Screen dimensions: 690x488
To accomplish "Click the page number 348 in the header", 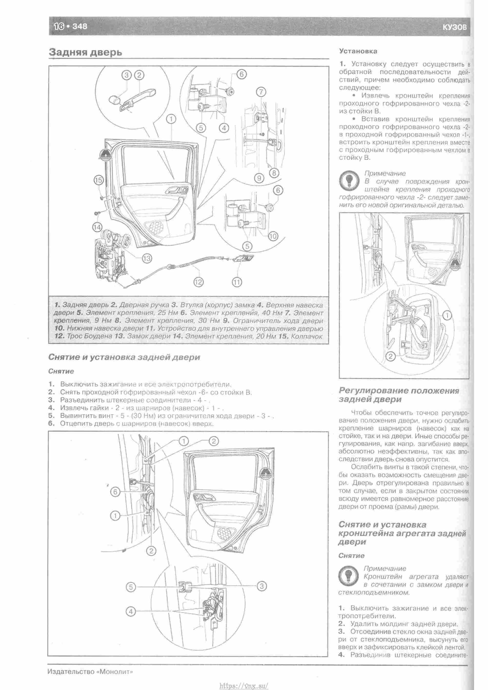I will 80,26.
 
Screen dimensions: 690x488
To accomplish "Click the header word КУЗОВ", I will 455,27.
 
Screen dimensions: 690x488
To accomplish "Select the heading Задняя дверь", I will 85,52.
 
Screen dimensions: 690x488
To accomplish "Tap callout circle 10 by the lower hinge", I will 273,236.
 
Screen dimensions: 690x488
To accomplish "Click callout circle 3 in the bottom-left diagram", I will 262,586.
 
